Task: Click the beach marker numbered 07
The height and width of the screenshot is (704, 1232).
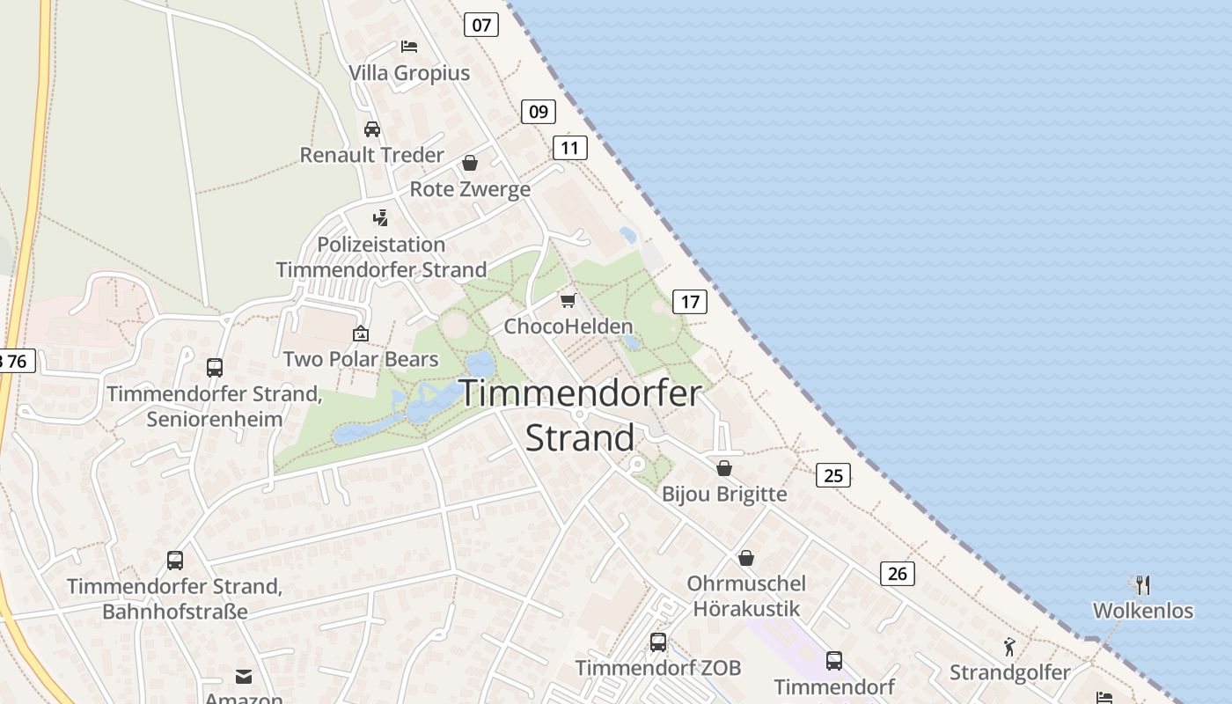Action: (481, 25)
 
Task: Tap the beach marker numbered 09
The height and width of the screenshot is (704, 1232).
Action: (539, 112)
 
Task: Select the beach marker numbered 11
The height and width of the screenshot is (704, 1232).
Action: (570, 148)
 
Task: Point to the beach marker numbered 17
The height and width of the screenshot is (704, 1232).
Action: (690, 302)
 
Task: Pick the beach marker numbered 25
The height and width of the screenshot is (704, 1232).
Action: (833, 476)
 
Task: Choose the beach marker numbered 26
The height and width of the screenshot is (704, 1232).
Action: (898, 574)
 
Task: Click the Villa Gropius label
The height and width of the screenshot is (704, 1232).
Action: (409, 73)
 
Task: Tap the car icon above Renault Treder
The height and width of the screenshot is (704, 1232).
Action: (372, 129)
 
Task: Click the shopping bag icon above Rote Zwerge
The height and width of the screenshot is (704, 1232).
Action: (470, 164)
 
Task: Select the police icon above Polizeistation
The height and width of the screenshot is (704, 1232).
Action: (380, 218)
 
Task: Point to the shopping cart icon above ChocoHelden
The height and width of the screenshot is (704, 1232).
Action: (568, 301)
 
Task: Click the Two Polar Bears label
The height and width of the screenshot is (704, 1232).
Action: (361, 359)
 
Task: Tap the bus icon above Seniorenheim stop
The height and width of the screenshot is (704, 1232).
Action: (215, 368)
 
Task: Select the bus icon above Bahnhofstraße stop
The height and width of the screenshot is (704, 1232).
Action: (175, 560)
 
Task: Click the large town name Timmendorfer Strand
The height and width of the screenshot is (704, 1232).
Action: (580, 414)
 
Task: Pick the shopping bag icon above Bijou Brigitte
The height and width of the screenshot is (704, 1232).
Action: (724, 468)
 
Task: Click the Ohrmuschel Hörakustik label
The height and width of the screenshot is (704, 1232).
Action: (746, 596)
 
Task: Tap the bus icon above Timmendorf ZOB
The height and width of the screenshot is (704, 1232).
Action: (658, 642)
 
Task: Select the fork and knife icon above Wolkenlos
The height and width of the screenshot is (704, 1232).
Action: (1142, 584)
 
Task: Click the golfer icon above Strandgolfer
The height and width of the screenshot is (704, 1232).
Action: (1009, 648)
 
